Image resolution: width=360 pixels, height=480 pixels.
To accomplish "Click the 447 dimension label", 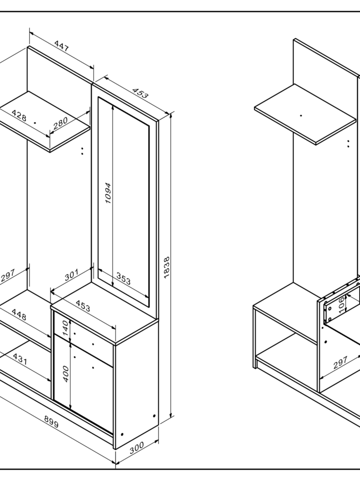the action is coord(62,46).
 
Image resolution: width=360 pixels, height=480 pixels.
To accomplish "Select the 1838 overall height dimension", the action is coord(166,267).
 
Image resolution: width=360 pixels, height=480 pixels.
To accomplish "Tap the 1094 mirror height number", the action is coord(108,193).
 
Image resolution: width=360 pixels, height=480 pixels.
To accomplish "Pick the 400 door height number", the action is coord(65,374).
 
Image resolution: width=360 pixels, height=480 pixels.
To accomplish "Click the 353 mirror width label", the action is coord(123,278).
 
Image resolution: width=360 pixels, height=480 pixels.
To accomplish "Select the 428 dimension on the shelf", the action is coord(19,115).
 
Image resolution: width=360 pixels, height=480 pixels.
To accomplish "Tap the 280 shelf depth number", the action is coord(60,123).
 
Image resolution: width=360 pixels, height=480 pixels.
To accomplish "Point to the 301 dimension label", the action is coord(72,275).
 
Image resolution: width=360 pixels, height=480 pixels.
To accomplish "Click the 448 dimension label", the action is coord(19,314).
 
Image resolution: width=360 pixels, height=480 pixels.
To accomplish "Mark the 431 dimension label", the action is coord(20,359).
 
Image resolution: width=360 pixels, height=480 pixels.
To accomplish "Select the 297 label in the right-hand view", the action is coord(340,362).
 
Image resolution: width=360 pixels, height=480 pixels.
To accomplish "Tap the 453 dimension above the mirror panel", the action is coord(140,93).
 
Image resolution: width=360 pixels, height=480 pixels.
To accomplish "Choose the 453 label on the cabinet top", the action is coord(83,305).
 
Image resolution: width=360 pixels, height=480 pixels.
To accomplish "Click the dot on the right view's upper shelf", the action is coord(301,116).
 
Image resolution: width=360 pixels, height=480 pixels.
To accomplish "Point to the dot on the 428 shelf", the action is coord(35,123).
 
